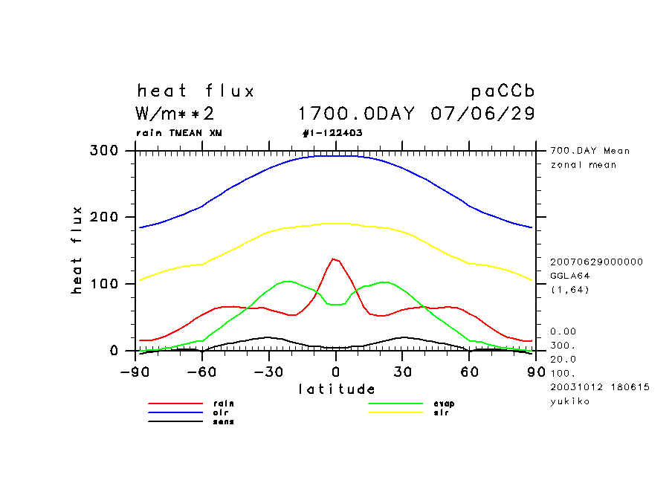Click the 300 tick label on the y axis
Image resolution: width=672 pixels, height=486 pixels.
pos(104,151)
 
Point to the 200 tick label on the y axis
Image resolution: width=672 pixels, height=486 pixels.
pos(104,217)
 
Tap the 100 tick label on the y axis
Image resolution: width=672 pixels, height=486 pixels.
pos(104,284)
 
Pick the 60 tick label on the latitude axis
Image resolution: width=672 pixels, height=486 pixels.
pos(469,372)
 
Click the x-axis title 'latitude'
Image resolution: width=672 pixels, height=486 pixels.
pos(337,389)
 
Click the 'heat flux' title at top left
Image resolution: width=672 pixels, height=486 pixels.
pos(196,91)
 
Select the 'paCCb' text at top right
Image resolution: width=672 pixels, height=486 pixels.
pos(503,91)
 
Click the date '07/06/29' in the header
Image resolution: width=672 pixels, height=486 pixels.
pos(482,114)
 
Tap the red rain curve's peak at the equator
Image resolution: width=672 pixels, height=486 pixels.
pos(334,259)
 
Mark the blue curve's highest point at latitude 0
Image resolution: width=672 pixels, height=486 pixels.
pos(335,156)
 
